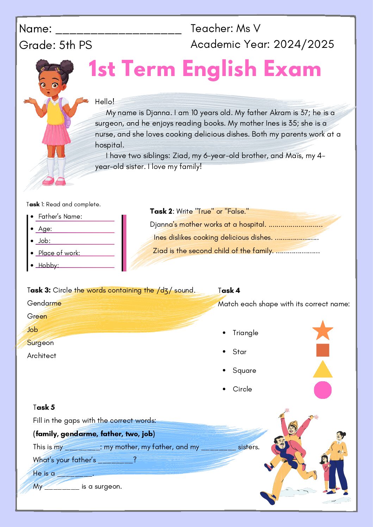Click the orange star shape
(323, 331)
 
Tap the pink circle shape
(323, 390)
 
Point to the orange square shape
(323, 350)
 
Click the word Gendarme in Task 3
(44, 303)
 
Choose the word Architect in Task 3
(42, 356)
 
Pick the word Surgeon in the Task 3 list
(41, 343)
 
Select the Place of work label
(59, 253)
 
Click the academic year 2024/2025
(304, 44)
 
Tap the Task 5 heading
(44, 407)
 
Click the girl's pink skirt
(56, 134)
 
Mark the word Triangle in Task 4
(245, 333)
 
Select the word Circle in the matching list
(242, 389)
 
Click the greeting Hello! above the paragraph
(105, 102)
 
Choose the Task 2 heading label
(161, 211)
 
